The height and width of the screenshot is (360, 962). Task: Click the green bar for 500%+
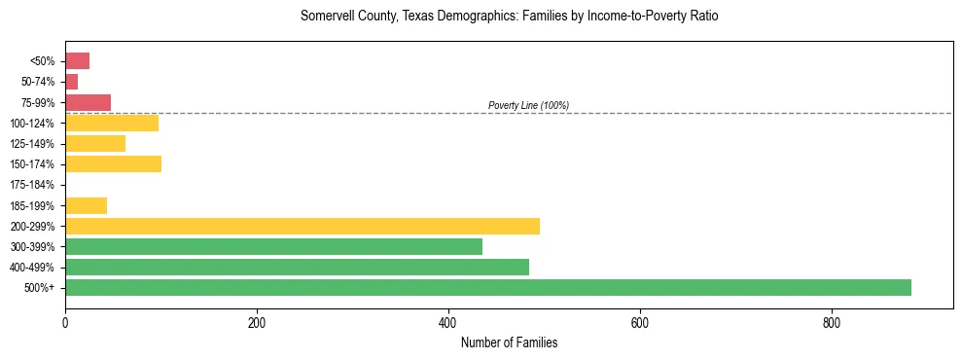[x=487, y=287]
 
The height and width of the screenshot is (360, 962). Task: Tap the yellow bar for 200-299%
[x=302, y=226]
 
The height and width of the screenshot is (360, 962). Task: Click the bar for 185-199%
[x=86, y=205]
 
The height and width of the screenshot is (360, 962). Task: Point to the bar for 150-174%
[x=113, y=163]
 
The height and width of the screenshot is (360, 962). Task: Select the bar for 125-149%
[x=95, y=143]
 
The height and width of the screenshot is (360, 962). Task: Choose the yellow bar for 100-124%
[x=112, y=123]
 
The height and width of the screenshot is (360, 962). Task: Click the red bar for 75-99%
[x=88, y=102]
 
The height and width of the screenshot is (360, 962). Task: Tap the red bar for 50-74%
[x=71, y=82]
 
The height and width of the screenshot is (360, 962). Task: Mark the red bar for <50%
[x=77, y=61]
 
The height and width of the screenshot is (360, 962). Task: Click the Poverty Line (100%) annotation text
[x=528, y=105]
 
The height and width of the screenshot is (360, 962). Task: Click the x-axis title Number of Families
[x=509, y=342]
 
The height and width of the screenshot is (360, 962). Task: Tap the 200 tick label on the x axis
[x=257, y=323]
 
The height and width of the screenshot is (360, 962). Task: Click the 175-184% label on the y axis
[x=32, y=185]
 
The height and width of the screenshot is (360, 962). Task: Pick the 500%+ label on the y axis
[x=41, y=288]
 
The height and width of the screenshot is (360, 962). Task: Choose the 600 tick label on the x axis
[x=640, y=323]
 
